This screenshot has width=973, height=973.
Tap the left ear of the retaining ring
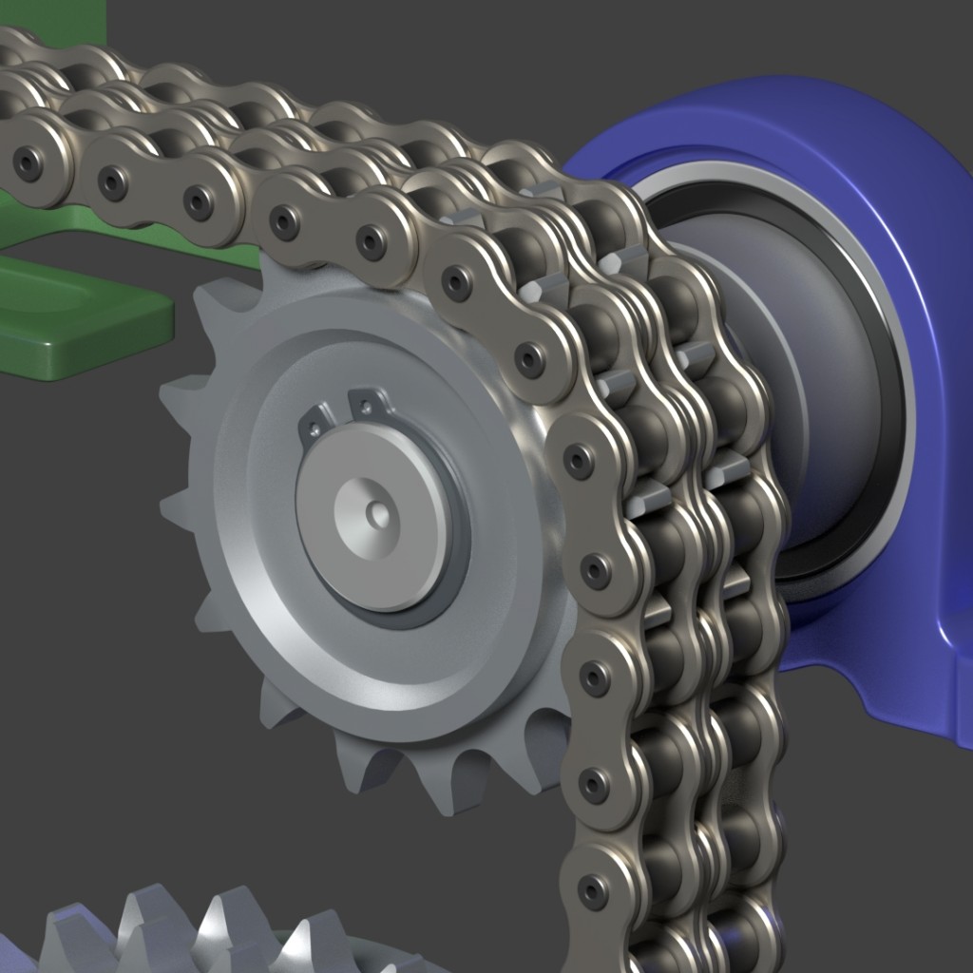[317, 422]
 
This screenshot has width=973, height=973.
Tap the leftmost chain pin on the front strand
[28, 164]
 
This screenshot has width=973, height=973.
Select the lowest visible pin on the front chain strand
[594, 891]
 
